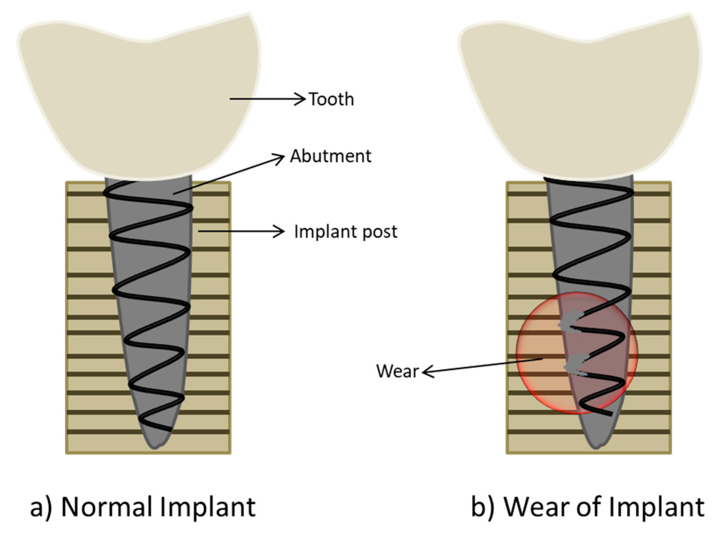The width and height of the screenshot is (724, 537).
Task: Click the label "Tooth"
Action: (332, 99)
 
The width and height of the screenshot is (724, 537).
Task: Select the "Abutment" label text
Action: (331, 156)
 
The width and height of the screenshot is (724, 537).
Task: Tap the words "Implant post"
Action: (346, 232)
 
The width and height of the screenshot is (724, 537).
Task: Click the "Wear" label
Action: (397, 371)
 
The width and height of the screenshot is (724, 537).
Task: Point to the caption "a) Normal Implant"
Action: (143, 507)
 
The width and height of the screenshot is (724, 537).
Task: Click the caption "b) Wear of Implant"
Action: (588, 507)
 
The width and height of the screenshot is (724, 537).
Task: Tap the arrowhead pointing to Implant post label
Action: (280, 231)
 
